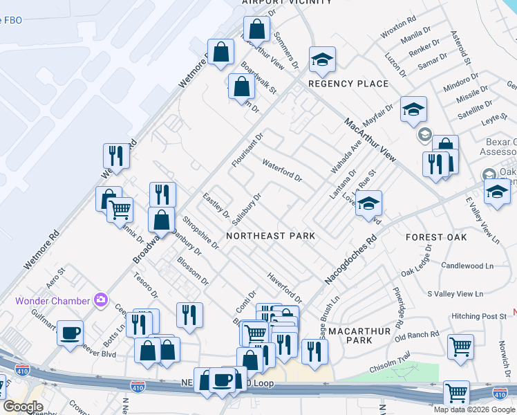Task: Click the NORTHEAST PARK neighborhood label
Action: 270,236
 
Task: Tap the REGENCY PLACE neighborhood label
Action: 348,84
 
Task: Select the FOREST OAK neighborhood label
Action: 435,237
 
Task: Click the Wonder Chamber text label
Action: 54,301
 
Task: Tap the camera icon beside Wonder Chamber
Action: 102,300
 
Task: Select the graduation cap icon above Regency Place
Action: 322,61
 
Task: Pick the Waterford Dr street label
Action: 282,170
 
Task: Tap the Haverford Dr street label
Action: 285,286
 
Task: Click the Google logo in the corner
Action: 23,407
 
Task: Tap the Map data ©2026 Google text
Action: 474,409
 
